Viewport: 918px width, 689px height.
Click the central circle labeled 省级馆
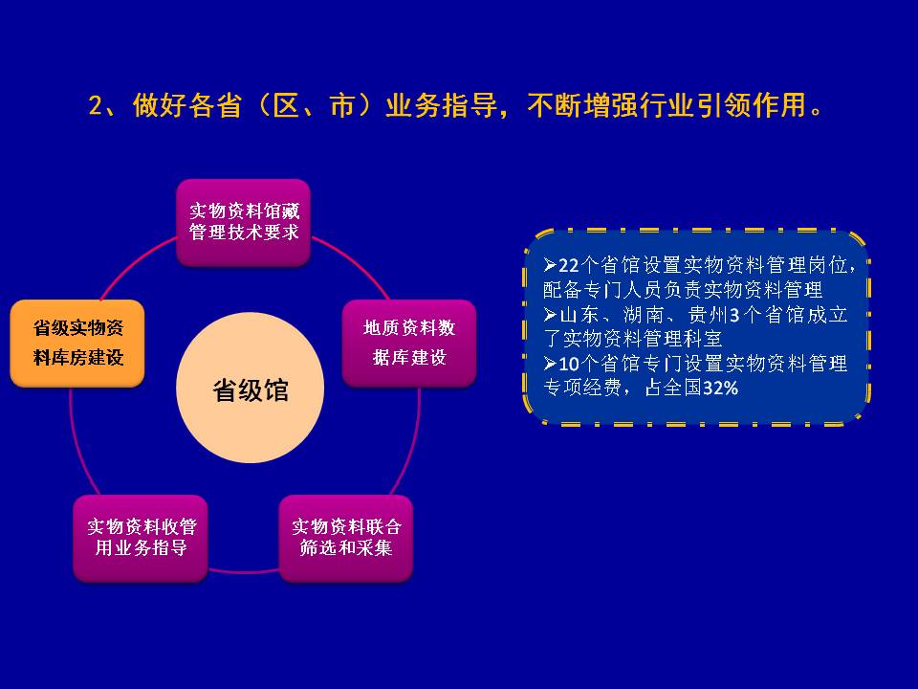pyautogui.click(x=250, y=388)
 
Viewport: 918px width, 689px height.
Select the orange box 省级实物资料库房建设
pyautogui.click(x=77, y=344)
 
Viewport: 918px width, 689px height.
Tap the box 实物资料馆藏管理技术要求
pyautogui.click(x=244, y=223)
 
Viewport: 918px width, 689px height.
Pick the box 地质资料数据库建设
pyautogui.click(x=409, y=344)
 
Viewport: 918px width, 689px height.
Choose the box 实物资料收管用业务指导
pyautogui.click(x=141, y=539)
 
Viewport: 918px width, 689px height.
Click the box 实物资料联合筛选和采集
pyautogui.click(x=346, y=539)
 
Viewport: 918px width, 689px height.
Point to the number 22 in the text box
pyautogui.click(x=568, y=266)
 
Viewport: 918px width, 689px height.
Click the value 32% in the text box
pyautogui.click(x=720, y=388)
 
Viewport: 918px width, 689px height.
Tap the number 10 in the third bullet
pyautogui.click(x=568, y=364)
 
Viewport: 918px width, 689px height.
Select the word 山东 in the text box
pyautogui.click(x=579, y=315)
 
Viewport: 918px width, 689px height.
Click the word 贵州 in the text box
pyautogui.click(x=707, y=315)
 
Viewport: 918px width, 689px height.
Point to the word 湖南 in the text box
pyautogui.click(x=643, y=315)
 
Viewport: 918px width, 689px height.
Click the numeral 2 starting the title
pyautogui.click(x=96, y=106)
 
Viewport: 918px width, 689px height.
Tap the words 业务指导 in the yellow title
pyautogui.click(x=441, y=105)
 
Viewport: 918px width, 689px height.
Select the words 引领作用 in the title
pyautogui.click(x=750, y=105)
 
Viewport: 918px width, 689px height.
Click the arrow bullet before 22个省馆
pyautogui.click(x=550, y=266)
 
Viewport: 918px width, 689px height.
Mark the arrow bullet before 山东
pyautogui.click(x=550, y=315)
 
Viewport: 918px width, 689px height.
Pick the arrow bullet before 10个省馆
pyautogui.click(x=550, y=364)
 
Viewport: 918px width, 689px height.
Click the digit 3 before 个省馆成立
pyautogui.click(x=734, y=316)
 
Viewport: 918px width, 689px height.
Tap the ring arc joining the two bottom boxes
pyautogui.click(x=244, y=570)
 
